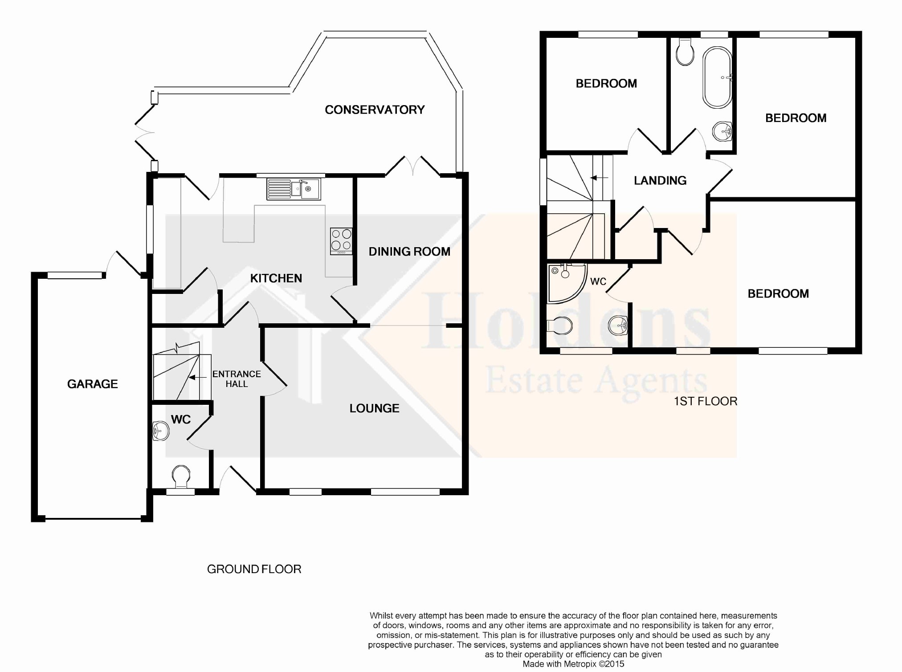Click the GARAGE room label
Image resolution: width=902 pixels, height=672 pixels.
pyautogui.click(x=93, y=384)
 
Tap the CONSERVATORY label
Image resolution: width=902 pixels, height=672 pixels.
pyautogui.click(x=375, y=110)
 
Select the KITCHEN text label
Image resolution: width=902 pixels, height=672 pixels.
pyautogui.click(x=276, y=278)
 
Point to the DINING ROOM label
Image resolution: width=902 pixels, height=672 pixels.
pyautogui.click(x=409, y=252)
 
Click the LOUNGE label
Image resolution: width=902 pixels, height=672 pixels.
pyautogui.click(x=374, y=408)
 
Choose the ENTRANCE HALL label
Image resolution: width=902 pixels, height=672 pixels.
pyautogui.click(x=237, y=379)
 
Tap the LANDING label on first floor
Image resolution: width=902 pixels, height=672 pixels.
pyautogui.click(x=660, y=180)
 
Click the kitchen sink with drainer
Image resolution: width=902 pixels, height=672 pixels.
pyautogui.click(x=294, y=189)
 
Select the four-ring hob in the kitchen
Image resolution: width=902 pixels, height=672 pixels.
pyautogui.click(x=341, y=241)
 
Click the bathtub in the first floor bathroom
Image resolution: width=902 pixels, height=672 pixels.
pyautogui.click(x=717, y=78)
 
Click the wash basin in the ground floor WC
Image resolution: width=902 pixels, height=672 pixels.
pyautogui.click(x=160, y=431)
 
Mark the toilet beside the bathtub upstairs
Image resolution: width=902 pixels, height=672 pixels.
pyautogui.click(x=685, y=51)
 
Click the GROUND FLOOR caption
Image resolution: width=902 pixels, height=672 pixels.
pyautogui.click(x=254, y=569)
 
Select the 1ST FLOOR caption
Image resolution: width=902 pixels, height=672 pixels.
pyautogui.click(x=706, y=401)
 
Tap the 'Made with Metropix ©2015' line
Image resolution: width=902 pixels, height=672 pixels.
pyautogui.click(x=573, y=664)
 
